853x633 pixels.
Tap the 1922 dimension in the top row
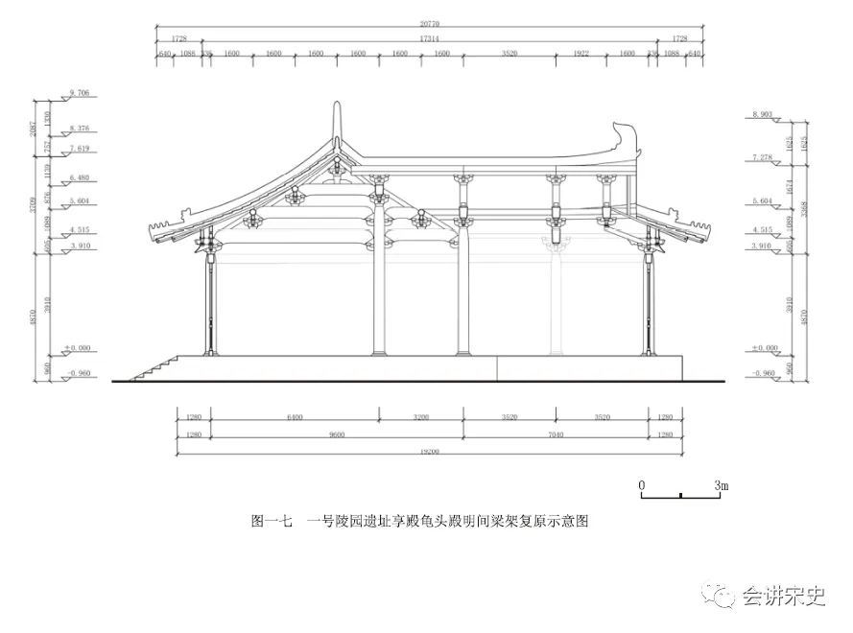pos(581,54)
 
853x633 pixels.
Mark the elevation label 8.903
pos(763,114)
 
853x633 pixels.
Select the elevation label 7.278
pos(763,156)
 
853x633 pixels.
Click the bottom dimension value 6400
pos(295,417)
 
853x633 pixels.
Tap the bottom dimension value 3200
pos(420,417)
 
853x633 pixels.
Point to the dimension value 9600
pos(336,434)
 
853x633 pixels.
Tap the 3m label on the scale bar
pos(722,486)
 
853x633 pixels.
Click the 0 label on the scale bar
pos(642,486)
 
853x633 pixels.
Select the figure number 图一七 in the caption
pos(271,522)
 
